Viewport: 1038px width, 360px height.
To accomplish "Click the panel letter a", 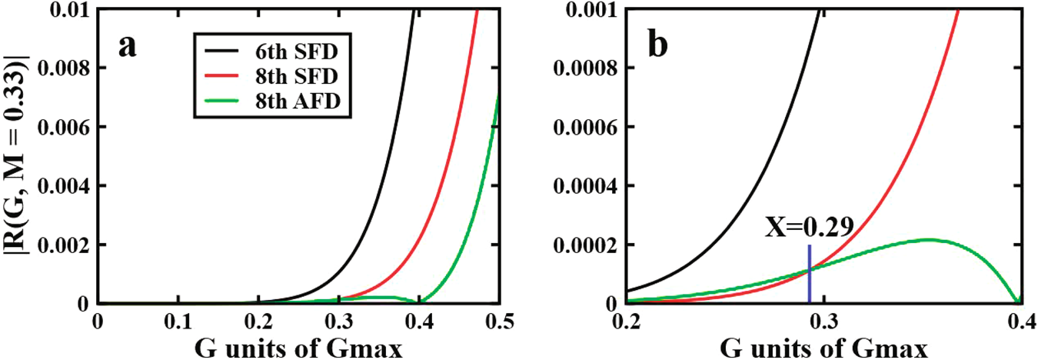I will pyautogui.click(x=128, y=47).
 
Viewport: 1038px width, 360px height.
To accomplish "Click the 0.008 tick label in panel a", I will pyautogui.click(x=65, y=68).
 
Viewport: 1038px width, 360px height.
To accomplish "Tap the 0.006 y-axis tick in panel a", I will pyautogui.click(x=65, y=127).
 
